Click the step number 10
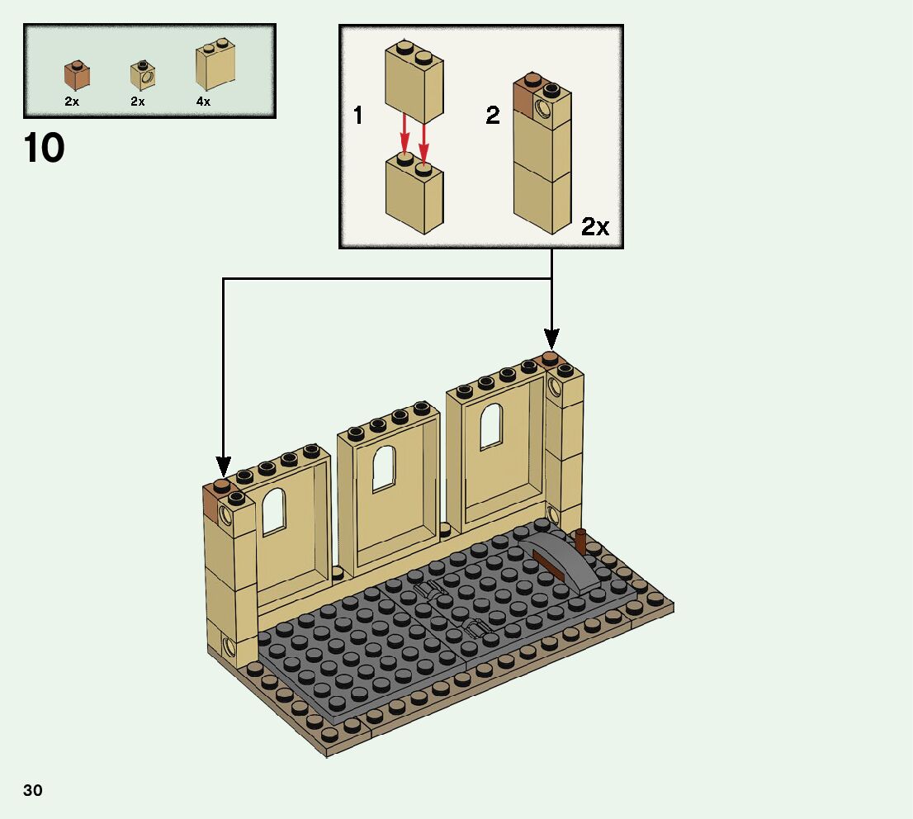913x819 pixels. tap(45, 148)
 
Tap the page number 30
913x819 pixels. tap(33, 790)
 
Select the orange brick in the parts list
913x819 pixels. tap(76, 76)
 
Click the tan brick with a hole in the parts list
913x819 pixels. tap(142, 77)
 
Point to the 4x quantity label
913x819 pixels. tap(203, 102)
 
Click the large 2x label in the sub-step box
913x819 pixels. tap(595, 226)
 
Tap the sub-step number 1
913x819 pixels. tap(357, 116)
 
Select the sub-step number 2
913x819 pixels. tap(493, 116)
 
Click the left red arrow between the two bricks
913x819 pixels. tap(404, 133)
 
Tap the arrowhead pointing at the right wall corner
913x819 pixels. tap(551, 339)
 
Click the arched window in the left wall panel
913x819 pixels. tap(273, 513)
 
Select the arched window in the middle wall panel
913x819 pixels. tap(383, 468)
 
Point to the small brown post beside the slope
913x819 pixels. tap(580, 542)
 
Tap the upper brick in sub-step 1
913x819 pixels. tap(414, 82)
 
